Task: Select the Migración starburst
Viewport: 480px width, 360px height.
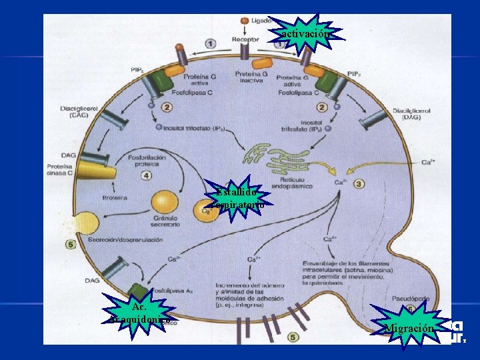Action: pyautogui.click(x=409, y=326)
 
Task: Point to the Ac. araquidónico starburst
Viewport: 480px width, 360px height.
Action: pyautogui.click(x=139, y=313)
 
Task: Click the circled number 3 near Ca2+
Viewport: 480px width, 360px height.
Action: pyautogui.click(x=358, y=183)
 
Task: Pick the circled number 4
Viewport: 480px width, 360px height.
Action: pyautogui.click(x=147, y=176)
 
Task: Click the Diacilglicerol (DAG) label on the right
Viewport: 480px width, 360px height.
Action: pyautogui.click(x=411, y=114)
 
